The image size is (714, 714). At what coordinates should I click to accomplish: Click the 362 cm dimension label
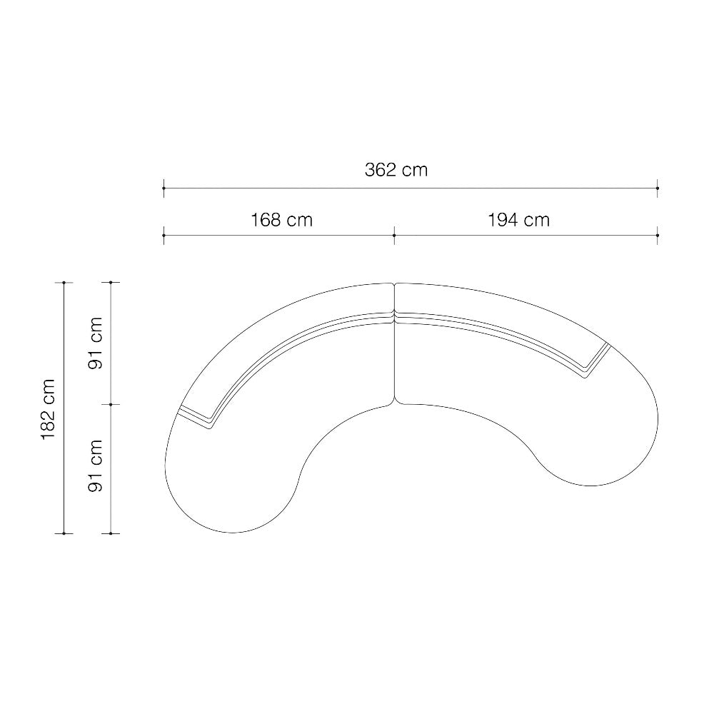[x=396, y=170]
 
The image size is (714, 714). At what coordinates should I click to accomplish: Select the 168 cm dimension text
[x=282, y=220]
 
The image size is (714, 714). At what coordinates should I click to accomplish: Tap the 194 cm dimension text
[x=518, y=220]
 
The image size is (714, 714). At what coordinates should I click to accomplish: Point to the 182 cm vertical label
[x=49, y=409]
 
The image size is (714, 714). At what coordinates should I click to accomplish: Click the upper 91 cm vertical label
[x=96, y=343]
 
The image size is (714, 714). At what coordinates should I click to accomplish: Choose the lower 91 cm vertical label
[x=96, y=466]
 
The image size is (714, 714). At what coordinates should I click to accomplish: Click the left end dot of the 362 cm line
[x=164, y=188]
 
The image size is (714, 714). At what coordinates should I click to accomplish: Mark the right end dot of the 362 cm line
[x=658, y=188]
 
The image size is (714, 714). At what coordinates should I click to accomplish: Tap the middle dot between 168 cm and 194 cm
[x=394, y=236]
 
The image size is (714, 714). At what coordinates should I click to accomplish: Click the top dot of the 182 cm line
[x=64, y=283]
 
